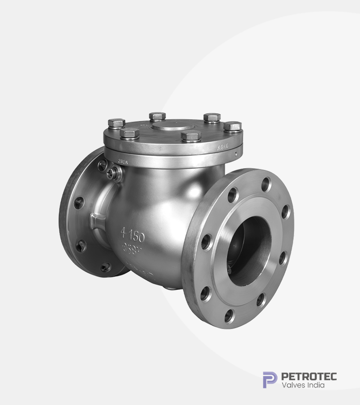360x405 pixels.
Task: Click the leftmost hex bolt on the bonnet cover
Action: [x=117, y=123]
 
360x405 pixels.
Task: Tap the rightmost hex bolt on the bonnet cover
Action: [x=232, y=126]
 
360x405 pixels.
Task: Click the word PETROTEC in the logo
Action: [x=309, y=376]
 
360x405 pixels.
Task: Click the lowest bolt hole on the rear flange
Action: [x=105, y=267]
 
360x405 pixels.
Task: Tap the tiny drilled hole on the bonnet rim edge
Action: [x=235, y=152]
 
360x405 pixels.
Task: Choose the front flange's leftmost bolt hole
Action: [x=206, y=242]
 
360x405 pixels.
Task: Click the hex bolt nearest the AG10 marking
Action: [x=232, y=126]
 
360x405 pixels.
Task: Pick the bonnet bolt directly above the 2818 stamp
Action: [x=130, y=133]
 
